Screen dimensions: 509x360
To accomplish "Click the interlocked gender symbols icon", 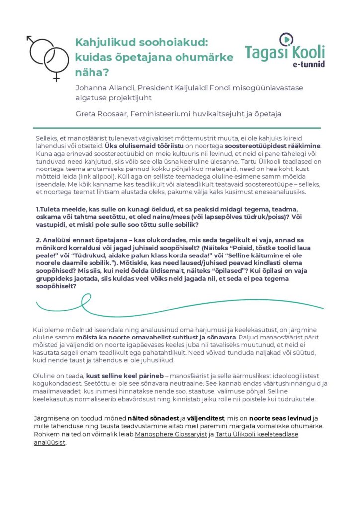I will pos(46,56).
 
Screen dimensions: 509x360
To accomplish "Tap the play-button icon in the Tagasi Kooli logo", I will pos(287,39).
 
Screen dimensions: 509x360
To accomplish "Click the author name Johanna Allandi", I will pos(105,88).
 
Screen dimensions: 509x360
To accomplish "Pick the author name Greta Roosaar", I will pos(99,114).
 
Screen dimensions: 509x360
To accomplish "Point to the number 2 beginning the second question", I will pos(38,240).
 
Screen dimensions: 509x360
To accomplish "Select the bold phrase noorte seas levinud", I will pos(284,418).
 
